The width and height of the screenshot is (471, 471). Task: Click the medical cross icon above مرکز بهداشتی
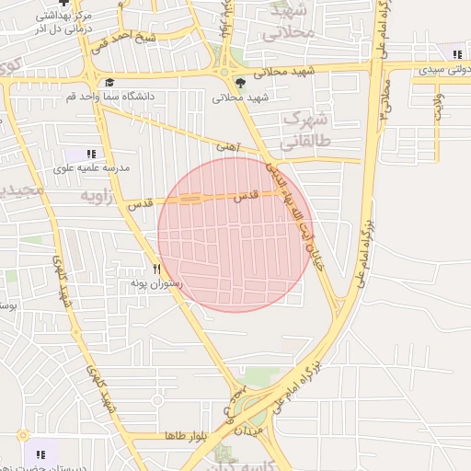(63, 4)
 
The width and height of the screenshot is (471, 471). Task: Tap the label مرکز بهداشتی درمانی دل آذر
(63, 23)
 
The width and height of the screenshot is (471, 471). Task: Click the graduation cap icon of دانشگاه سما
(109, 82)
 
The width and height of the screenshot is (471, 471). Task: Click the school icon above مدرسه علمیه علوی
(90, 155)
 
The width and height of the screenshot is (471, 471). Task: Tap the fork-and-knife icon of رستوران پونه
(157, 270)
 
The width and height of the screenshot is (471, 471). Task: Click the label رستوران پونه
(156, 284)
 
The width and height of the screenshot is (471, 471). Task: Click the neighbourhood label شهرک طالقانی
(306, 129)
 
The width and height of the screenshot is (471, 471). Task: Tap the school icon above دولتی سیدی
(458, 55)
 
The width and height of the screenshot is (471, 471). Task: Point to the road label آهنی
(226, 145)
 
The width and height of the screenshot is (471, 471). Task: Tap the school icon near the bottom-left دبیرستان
(40, 454)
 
